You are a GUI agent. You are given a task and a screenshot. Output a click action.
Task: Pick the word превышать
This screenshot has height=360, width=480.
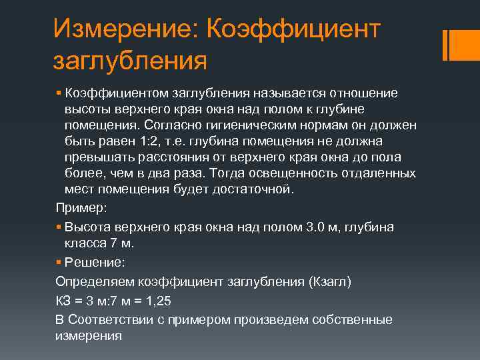pyautogui.click(x=97, y=157)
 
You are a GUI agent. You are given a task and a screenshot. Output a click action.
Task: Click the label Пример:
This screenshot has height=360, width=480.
pyautogui.click(x=81, y=208)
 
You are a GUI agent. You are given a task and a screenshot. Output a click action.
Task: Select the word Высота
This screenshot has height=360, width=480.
pyautogui.click(x=87, y=227)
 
